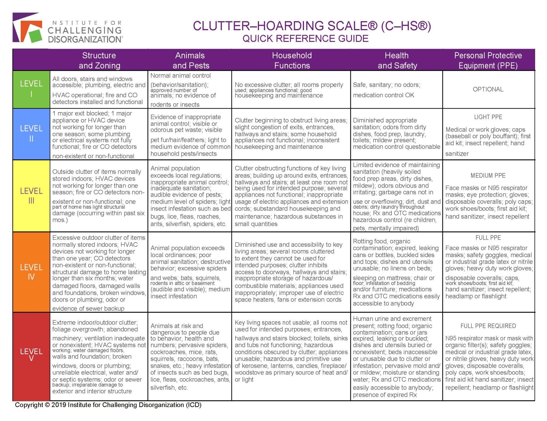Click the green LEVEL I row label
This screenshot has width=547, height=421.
31,89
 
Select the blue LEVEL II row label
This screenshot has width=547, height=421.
31,134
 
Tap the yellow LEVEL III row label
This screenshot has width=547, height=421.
31,196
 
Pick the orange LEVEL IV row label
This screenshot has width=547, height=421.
31,272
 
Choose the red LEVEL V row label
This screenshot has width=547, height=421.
31,355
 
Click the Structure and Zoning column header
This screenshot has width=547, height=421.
99,60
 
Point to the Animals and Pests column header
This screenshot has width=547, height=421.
190,60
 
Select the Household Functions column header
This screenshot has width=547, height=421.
292,60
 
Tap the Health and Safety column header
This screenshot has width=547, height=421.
397,60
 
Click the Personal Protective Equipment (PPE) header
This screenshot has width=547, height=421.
488,60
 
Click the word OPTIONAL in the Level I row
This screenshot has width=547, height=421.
488,89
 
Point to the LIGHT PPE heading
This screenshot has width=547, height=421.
488,117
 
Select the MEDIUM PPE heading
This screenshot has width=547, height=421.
488,176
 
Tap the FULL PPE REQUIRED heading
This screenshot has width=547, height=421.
488,326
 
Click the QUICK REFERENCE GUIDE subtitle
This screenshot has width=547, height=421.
305,38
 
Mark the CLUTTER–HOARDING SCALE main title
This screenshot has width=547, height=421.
312,26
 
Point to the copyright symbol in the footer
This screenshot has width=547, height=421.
47,405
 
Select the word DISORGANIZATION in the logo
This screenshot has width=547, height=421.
85,39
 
